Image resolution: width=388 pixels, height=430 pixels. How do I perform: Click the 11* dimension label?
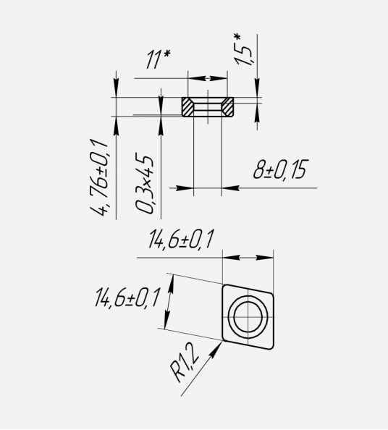[x=159, y=59]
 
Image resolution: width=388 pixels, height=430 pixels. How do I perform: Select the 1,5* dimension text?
[x=242, y=50]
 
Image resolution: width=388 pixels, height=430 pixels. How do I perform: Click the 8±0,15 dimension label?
[x=279, y=169]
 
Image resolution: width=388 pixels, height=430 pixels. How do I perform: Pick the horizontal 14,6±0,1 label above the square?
[x=180, y=239]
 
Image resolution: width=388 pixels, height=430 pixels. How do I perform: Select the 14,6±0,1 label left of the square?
[x=127, y=297]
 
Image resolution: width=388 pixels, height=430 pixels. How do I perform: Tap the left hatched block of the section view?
[x=187, y=106]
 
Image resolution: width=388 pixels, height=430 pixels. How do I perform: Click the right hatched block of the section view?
[x=228, y=106]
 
